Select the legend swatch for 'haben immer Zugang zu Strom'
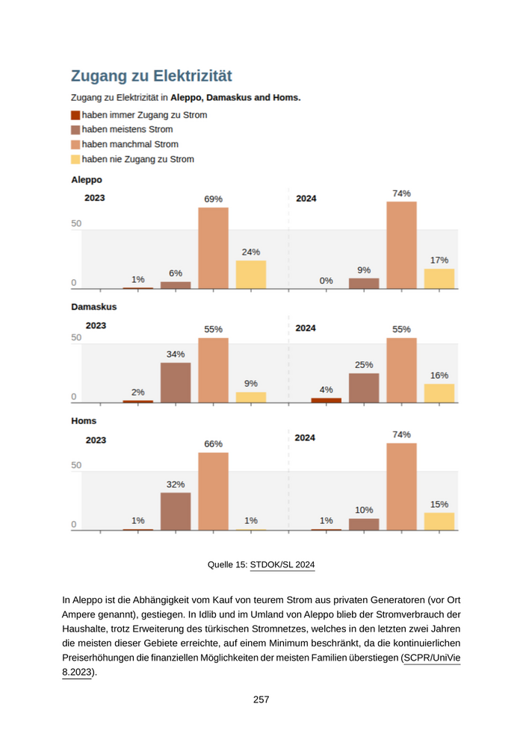(x=75, y=115)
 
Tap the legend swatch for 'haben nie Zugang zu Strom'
(x=75, y=159)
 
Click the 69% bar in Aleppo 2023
(x=213, y=248)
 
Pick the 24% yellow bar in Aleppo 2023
(x=251, y=274)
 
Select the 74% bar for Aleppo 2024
(x=401, y=245)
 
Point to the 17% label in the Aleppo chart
(x=439, y=260)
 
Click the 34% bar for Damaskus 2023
(x=176, y=382)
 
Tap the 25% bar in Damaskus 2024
(x=364, y=387)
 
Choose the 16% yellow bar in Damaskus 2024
(x=439, y=393)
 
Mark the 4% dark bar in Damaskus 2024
(x=327, y=400)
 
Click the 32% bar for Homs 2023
(x=176, y=511)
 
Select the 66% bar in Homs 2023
(x=213, y=491)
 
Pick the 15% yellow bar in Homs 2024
(x=439, y=521)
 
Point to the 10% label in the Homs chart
(x=364, y=510)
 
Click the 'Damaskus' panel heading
(x=93, y=307)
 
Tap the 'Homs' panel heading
(x=84, y=421)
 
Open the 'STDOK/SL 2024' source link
(x=282, y=564)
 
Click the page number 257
(x=261, y=699)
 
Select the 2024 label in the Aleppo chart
(x=306, y=199)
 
